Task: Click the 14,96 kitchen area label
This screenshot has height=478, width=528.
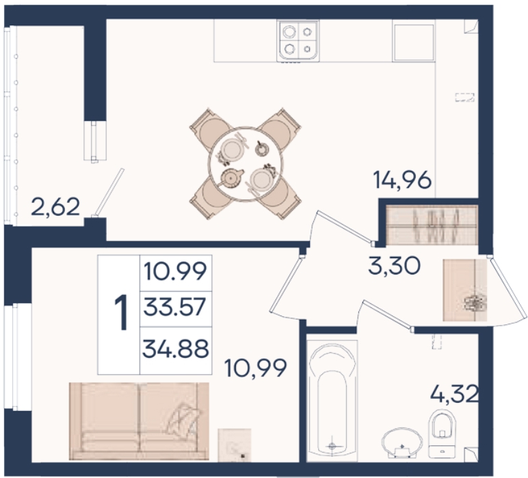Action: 402,180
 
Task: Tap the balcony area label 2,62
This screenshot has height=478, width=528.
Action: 55,207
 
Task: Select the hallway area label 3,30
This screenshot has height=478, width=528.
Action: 395,266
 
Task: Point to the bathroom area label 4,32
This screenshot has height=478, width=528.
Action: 454,394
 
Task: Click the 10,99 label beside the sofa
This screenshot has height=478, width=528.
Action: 255,368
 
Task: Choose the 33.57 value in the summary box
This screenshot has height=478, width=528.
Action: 174,307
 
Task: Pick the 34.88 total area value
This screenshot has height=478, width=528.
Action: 176,348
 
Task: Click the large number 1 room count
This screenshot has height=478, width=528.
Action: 121,312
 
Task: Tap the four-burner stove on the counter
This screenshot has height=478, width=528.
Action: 298,42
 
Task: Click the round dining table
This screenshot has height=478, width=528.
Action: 245,164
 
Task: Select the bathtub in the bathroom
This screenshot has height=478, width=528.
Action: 332,399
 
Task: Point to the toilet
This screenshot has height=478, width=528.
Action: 442,434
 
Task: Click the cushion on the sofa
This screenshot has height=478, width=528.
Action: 185,418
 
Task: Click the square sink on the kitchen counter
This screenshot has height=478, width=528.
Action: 414,42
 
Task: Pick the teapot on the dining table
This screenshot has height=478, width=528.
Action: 231,177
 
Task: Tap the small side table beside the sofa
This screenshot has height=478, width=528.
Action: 235,445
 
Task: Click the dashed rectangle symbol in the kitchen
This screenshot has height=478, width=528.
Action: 464,97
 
